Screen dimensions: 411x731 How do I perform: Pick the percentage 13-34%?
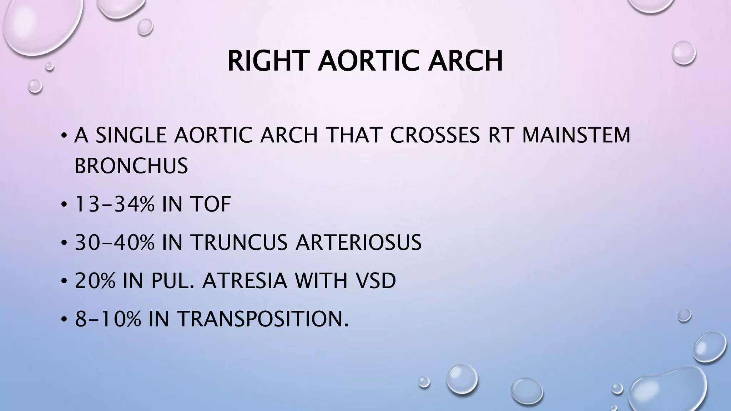click(x=115, y=204)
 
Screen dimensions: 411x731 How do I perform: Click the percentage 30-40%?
click(x=115, y=243)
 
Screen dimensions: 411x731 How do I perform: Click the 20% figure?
click(x=95, y=281)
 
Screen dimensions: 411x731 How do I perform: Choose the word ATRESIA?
click(x=244, y=281)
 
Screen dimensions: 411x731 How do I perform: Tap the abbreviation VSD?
click(x=374, y=281)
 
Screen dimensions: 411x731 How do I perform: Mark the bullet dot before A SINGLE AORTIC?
click(x=64, y=136)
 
